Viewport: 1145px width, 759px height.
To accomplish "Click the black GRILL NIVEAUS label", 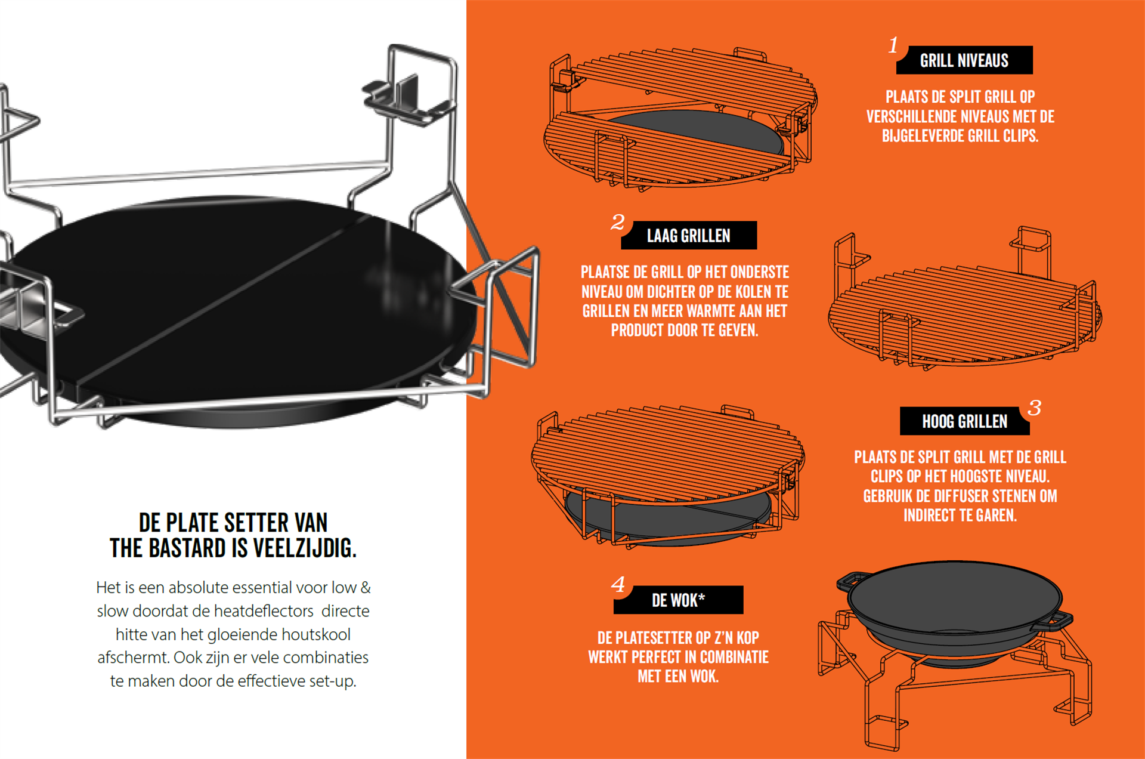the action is [964, 60].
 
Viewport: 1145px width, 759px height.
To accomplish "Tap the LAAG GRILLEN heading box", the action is [689, 236].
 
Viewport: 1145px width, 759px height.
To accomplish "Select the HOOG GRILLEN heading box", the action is [965, 421].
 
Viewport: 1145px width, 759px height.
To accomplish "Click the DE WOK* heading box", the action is [679, 600].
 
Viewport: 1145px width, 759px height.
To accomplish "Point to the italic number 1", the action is [893, 45].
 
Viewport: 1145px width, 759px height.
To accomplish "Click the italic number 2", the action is [618, 223].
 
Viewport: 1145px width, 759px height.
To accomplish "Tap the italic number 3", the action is [1035, 408].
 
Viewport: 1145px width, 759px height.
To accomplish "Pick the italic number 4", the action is [618, 584].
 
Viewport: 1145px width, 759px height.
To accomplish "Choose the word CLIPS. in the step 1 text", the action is [1020, 136].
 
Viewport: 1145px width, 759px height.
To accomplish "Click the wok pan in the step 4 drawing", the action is [955, 614].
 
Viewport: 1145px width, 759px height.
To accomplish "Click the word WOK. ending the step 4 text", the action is [704, 677].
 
